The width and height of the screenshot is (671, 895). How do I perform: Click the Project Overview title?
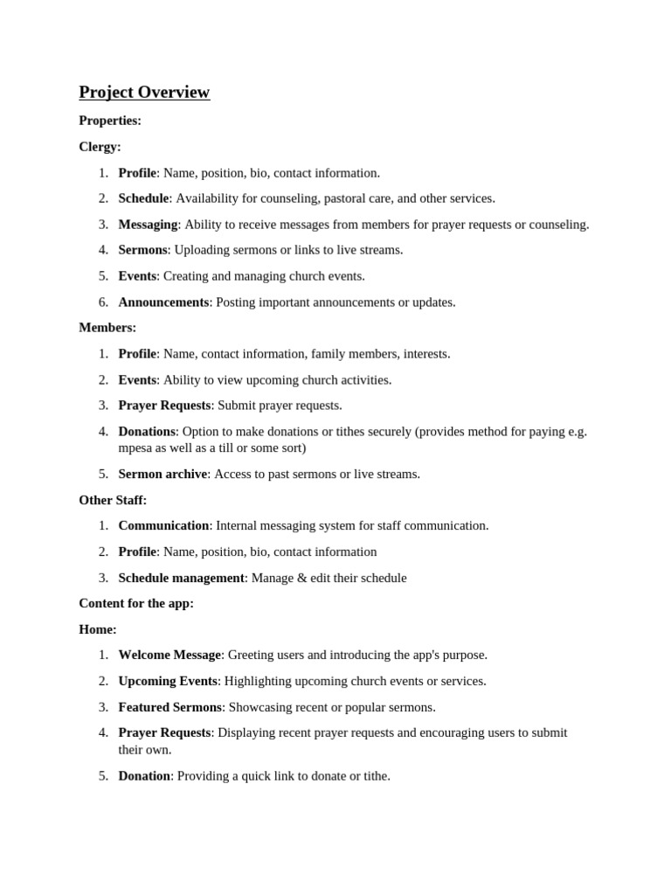(144, 93)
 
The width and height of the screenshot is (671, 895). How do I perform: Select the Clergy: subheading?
(100, 147)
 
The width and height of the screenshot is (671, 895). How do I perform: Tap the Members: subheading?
(107, 328)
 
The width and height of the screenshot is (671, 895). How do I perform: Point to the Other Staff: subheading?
(113, 500)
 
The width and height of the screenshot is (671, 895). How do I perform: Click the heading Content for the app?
(136, 603)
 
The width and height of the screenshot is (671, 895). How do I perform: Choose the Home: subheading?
(98, 629)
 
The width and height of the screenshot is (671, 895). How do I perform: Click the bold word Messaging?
(148, 225)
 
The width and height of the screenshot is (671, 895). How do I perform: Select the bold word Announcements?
(163, 302)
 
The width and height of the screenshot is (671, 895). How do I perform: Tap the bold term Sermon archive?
(163, 474)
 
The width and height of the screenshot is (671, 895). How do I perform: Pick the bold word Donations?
(147, 431)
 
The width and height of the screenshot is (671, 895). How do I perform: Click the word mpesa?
(136, 447)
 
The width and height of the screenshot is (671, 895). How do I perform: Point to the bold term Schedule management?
(181, 578)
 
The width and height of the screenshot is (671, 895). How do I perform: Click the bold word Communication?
(163, 525)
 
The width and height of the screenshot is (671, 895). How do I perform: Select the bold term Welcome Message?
(169, 655)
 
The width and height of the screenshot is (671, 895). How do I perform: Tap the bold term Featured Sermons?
(169, 707)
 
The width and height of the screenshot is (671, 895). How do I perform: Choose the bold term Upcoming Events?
(167, 681)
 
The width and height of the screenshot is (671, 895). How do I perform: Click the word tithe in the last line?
(375, 775)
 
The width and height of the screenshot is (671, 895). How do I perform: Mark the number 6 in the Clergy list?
(103, 302)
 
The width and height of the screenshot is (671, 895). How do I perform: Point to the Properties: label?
(110, 121)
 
